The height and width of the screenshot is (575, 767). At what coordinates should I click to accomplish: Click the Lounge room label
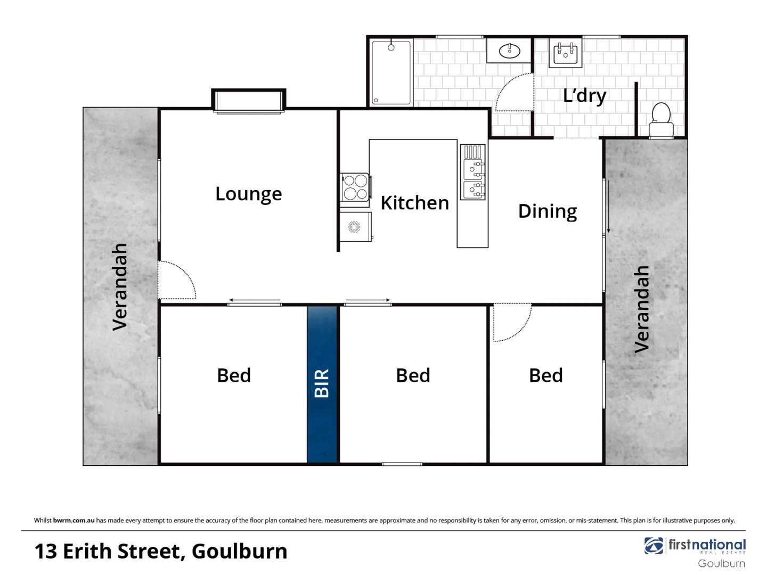click(248, 194)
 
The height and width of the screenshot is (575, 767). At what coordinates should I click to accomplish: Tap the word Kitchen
click(414, 203)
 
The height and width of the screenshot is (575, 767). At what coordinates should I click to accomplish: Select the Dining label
click(547, 211)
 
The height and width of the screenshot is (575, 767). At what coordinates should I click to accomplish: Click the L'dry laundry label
click(584, 96)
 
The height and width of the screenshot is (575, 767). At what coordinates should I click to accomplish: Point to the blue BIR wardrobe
click(322, 384)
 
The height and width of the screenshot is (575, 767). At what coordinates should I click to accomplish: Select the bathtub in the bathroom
click(391, 73)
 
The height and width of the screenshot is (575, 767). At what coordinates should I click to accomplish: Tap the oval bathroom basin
click(509, 51)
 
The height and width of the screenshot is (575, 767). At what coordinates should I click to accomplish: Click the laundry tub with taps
click(565, 53)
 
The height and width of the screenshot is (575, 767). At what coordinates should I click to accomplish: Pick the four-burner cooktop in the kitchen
click(355, 187)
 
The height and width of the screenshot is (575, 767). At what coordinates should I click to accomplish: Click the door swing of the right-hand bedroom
click(511, 322)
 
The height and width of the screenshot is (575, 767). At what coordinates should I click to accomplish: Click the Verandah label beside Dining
click(642, 309)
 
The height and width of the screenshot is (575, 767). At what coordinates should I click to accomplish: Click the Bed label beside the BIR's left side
click(233, 376)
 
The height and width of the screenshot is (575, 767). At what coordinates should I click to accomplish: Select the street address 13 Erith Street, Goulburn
click(161, 552)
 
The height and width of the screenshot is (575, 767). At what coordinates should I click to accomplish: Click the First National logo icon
click(654, 546)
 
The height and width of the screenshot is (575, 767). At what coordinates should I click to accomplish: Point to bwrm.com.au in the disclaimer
click(74, 520)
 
